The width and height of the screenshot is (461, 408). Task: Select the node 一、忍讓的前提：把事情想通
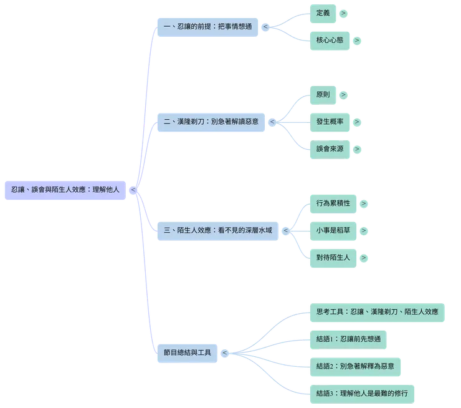[x=206, y=27]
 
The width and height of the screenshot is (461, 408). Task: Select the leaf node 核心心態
[x=328, y=40]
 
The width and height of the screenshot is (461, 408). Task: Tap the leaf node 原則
[x=323, y=95]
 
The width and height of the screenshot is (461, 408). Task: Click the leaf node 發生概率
[x=330, y=122]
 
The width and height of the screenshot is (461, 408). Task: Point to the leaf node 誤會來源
[x=330, y=149]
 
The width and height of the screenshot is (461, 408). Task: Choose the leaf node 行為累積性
[x=333, y=203]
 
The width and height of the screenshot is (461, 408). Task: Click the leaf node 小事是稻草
[x=333, y=230]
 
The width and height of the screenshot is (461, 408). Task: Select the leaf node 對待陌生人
[x=333, y=257]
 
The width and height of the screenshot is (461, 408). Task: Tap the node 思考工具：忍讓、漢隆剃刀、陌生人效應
[x=378, y=312]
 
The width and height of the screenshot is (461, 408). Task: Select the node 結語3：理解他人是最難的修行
[x=363, y=393]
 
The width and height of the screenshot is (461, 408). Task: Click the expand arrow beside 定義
[x=344, y=12]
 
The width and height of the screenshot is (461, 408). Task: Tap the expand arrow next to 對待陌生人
[x=364, y=257]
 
